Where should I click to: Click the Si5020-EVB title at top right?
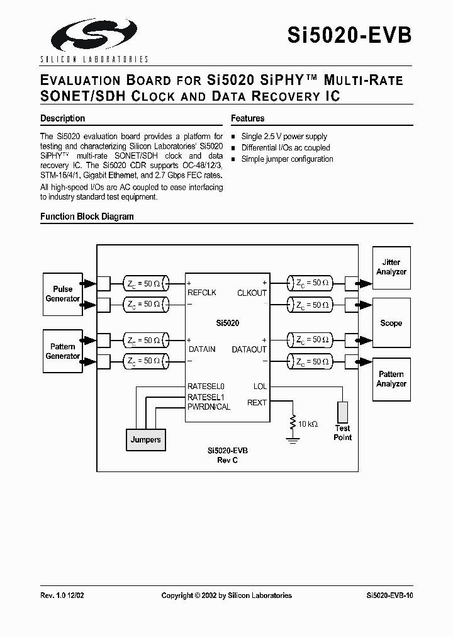pos(350,35)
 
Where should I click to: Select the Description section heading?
pos(62,118)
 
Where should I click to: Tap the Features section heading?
pos(247,118)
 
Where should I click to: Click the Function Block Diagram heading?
pos(87,217)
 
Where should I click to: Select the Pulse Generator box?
pos(62,294)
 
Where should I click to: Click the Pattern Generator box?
pos(62,351)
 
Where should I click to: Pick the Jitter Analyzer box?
pos(391,267)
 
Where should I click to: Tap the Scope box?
pos(391,323)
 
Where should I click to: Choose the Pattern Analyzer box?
pos(391,379)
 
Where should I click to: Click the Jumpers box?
pos(145,439)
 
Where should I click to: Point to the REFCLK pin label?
pos(201,293)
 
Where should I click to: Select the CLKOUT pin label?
pos(252,293)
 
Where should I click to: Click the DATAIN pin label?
pos(201,349)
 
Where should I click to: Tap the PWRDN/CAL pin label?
pos(209,407)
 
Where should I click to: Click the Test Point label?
pos(343,432)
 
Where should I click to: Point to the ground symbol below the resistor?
pos(292,440)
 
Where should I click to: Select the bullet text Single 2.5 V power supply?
pos(284,137)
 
